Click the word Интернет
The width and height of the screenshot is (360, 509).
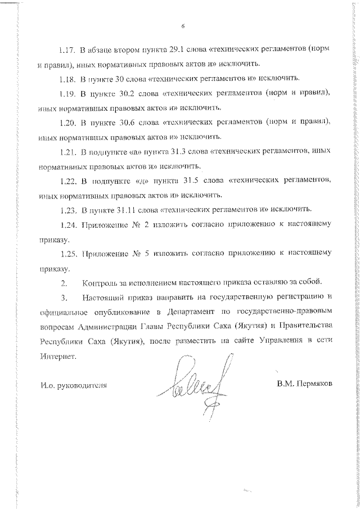click(x=56, y=356)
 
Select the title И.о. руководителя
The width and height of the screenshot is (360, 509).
click(x=73, y=401)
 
